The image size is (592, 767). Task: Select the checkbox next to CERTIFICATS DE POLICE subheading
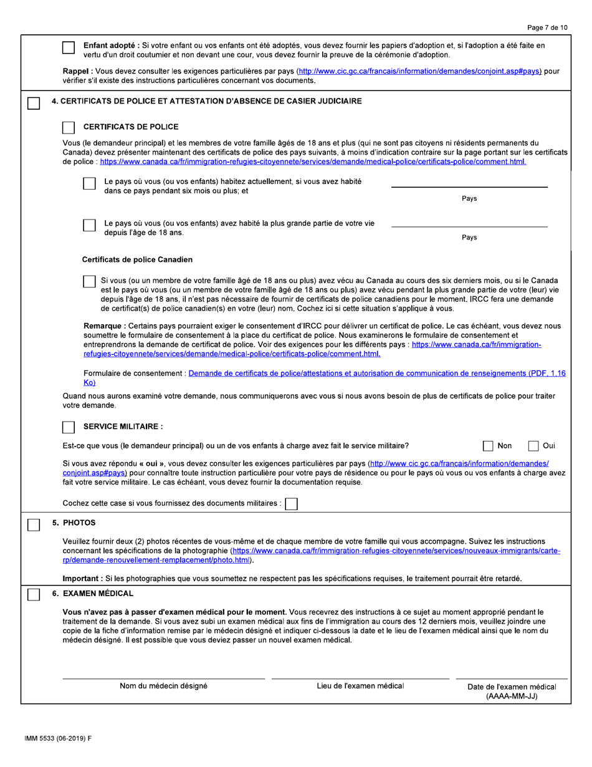click(x=69, y=127)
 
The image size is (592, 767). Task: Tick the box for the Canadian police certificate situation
click(x=89, y=281)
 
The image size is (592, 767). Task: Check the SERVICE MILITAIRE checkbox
click(x=69, y=427)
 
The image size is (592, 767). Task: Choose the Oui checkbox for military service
click(x=534, y=445)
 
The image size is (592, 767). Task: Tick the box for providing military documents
click(x=291, y=503)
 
